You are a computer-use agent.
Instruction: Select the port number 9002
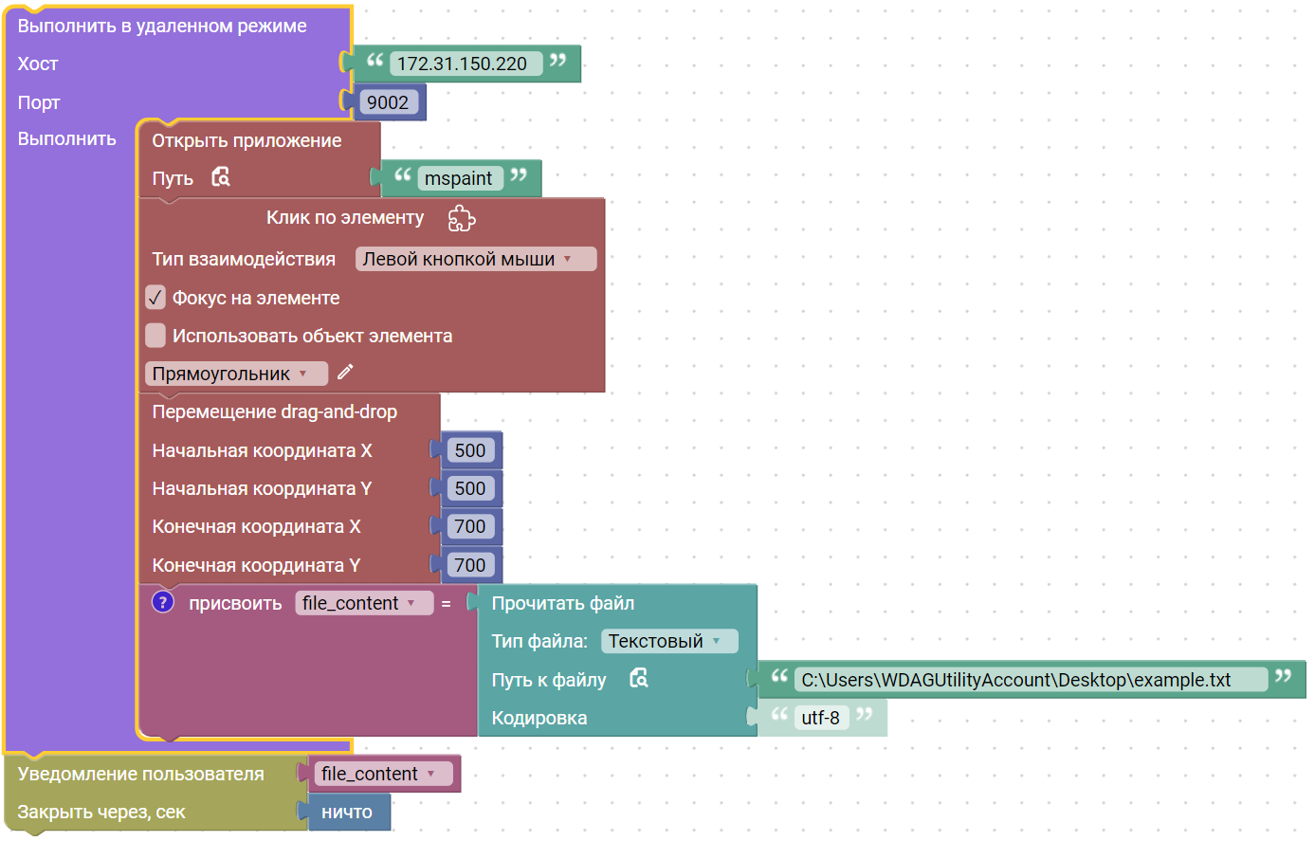click(x=388, y=102)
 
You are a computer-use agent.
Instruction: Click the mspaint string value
click(x=460, y=178)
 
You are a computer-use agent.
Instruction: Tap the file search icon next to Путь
click(x=221, y=176)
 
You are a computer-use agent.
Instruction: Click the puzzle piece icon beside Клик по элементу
click(x=462, y=218)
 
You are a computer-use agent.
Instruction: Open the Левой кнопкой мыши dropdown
click(x=476, y=259)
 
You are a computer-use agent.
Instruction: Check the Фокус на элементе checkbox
click(x=155, y=298)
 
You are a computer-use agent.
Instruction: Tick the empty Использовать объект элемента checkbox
click(x=155, y=336)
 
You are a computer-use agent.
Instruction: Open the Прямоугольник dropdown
click(x=236, y=374)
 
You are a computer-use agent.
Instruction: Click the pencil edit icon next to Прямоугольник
click(x=345, y=372)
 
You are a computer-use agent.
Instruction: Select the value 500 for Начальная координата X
click(x=470, y=450)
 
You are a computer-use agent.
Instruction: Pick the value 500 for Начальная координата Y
click(x=470, y=488)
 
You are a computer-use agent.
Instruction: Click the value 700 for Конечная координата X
click(x=470, y=526)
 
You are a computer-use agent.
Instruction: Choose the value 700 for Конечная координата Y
click(x=470, y=565)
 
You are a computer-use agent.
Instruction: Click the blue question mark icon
click(x=163, y=602)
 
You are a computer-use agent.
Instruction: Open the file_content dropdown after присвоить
click(x=364, y=603)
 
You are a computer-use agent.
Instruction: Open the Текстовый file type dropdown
click(x=669, y=641)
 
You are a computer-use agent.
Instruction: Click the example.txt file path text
click(x=1015, y=680)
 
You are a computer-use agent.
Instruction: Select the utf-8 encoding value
click(x=821, y=718)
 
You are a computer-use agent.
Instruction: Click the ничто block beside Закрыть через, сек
click(x=349, y=813)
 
